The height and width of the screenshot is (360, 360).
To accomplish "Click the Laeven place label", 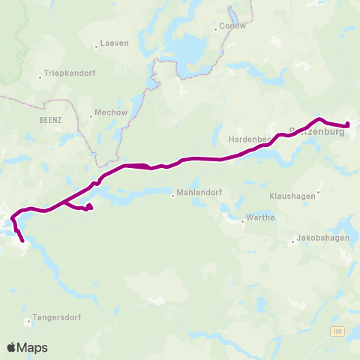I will click(115, 43).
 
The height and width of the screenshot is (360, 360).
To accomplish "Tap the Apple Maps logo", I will click(27, 347).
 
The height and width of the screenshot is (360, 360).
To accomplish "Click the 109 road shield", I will click(339, 331).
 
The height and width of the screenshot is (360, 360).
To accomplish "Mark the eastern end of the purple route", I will click(347, 124).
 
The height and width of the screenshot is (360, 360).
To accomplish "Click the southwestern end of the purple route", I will click(22, 241).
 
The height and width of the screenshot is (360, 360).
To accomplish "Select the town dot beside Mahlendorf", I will click(173, 196).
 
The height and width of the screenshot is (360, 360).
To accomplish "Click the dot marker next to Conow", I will click(215, 29).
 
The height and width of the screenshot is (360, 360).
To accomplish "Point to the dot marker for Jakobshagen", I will click(292, 241).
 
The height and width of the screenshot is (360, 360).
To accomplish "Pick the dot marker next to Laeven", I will click(97, 46).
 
